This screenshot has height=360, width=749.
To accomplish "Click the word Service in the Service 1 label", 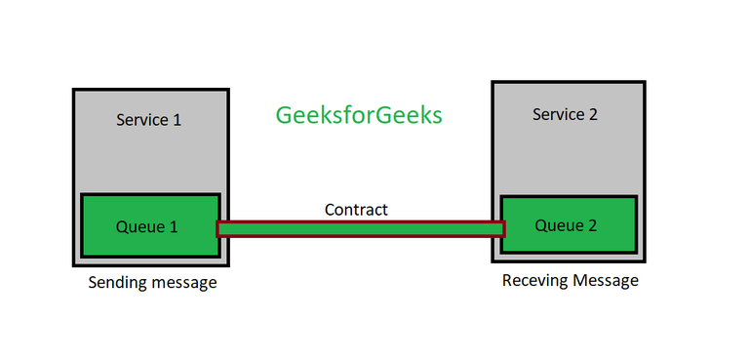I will [140, 121].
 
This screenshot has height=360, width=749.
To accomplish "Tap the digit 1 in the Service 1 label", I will [177, 121].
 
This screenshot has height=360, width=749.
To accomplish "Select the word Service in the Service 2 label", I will [557, 115].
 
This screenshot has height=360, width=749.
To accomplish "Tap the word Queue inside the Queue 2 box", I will [557, 225].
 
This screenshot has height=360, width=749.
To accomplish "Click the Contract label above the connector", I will [356, 210].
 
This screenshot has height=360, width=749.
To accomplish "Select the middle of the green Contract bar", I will [361, 229].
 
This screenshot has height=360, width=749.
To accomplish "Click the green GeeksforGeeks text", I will [359, 115].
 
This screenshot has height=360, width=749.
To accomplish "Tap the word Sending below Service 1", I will [119, 283].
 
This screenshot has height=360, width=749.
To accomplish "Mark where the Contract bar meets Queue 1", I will [218, 229].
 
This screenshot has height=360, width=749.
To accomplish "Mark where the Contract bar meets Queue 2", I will [502, 229].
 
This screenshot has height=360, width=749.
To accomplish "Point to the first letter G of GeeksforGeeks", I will [285, 115].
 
